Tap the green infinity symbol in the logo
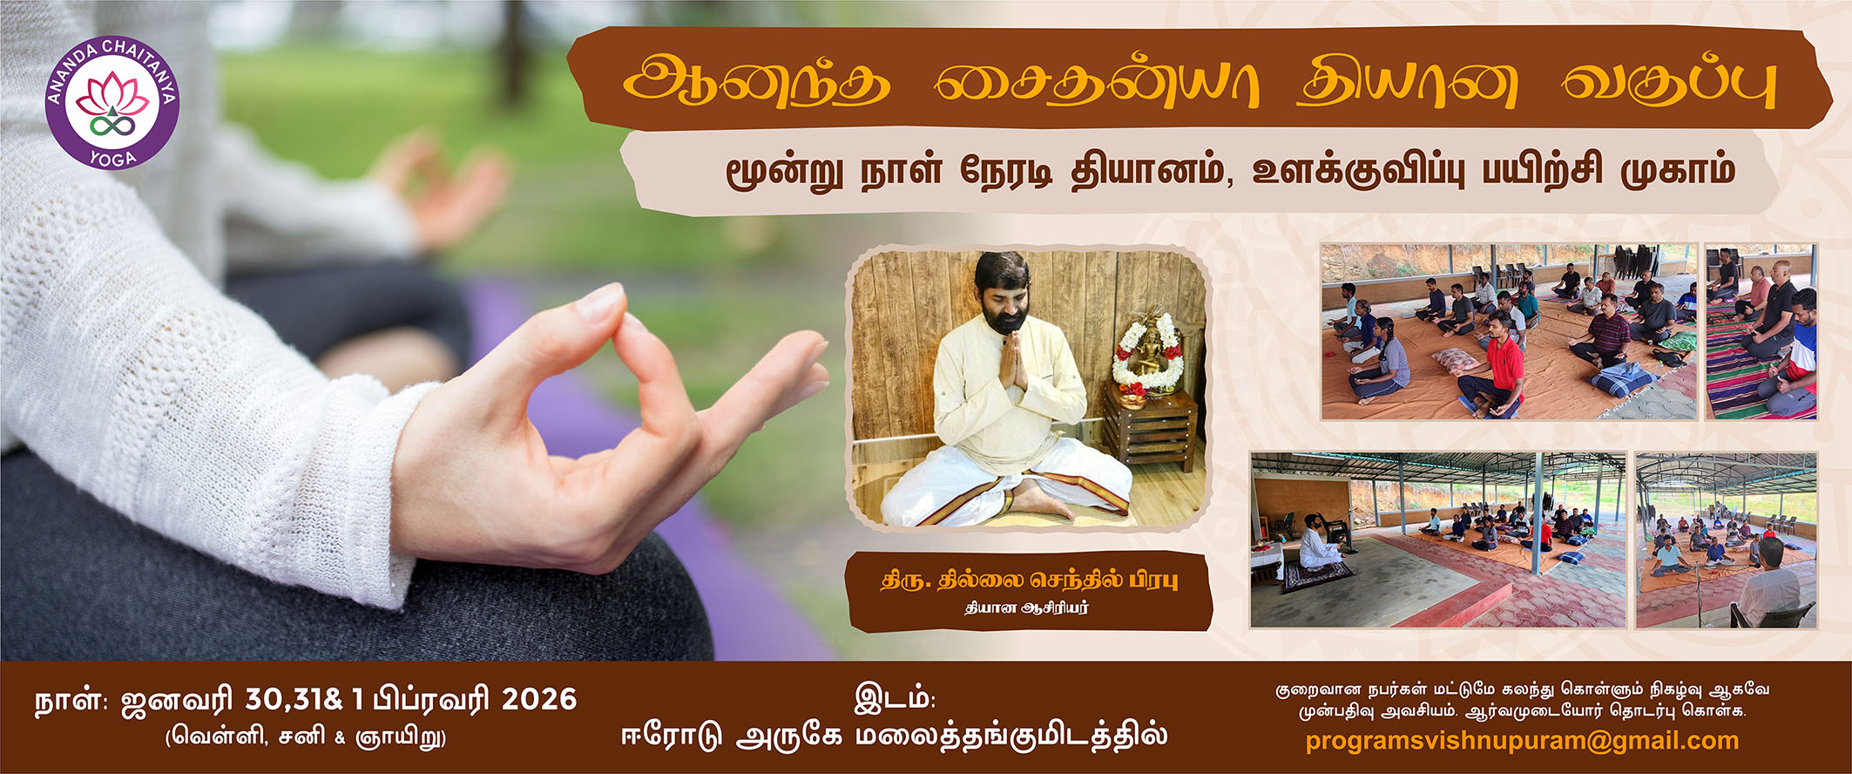coord(112,126)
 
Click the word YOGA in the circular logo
coord(113,158)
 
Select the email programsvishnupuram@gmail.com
coord(1522,741)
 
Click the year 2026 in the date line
coord(539,699)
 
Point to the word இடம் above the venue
coord(895,698)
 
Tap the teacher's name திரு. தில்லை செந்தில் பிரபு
coord(1029,580)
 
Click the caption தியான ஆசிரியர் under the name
coord(1026,608)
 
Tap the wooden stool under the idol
coord(1150,431)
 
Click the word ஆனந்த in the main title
coord(757,85)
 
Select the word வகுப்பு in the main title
coord(1667,85)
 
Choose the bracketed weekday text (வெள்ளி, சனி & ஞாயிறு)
coord(306,737)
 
